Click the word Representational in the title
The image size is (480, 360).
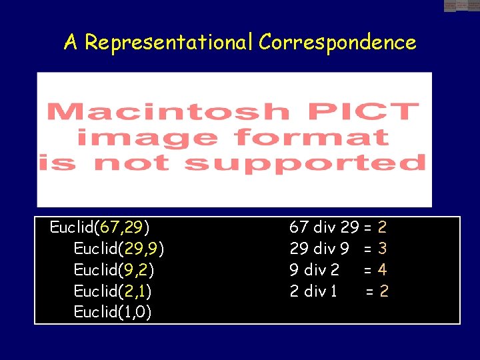[169, 43]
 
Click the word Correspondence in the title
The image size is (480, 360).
[337, 43]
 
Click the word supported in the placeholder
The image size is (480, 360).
[305, 163]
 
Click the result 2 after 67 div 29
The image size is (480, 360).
[382, 227]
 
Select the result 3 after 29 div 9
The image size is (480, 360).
[382, 249]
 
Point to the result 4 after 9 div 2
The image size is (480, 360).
[382, 270]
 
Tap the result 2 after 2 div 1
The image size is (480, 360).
[384, 291]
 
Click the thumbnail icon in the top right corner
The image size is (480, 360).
[461, 5]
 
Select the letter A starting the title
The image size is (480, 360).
[71, 43]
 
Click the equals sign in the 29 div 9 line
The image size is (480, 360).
[367, 249]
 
